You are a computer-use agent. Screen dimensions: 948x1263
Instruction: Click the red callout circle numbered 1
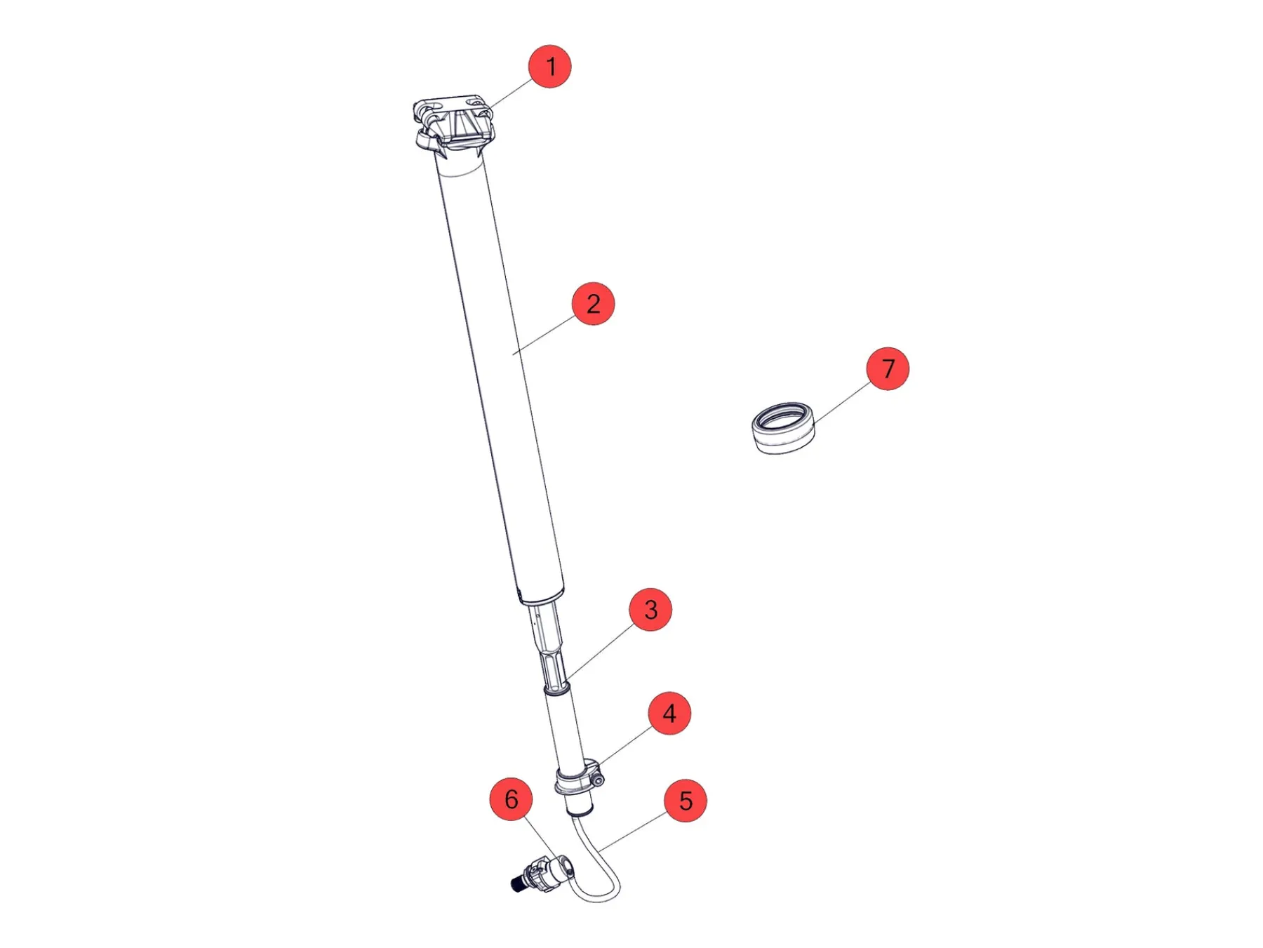click(x=549, y=67)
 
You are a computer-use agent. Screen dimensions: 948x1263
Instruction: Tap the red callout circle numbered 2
click(x=593, y=304)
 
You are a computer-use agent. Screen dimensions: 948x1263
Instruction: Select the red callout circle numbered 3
click(x=650, y=609)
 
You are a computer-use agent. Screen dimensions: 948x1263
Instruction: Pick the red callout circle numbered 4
click(x=669, y=714)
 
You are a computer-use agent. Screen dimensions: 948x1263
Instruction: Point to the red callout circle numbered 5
click(x=686, y=801)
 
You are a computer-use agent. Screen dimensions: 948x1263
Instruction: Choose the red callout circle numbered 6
click(x=512, y=799)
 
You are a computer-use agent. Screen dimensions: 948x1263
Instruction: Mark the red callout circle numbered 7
click(x=888, y=368)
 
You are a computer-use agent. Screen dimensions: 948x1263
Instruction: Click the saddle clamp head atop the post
click(x=453, y=125)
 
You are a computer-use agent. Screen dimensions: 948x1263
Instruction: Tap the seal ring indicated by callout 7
click(x=783, y=427)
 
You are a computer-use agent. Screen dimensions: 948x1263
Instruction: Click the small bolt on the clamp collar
click(x=597, y=778)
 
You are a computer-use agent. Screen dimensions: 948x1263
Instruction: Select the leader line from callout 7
click(x=842, y=402)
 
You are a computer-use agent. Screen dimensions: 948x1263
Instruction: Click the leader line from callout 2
click(x=544, y=335)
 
